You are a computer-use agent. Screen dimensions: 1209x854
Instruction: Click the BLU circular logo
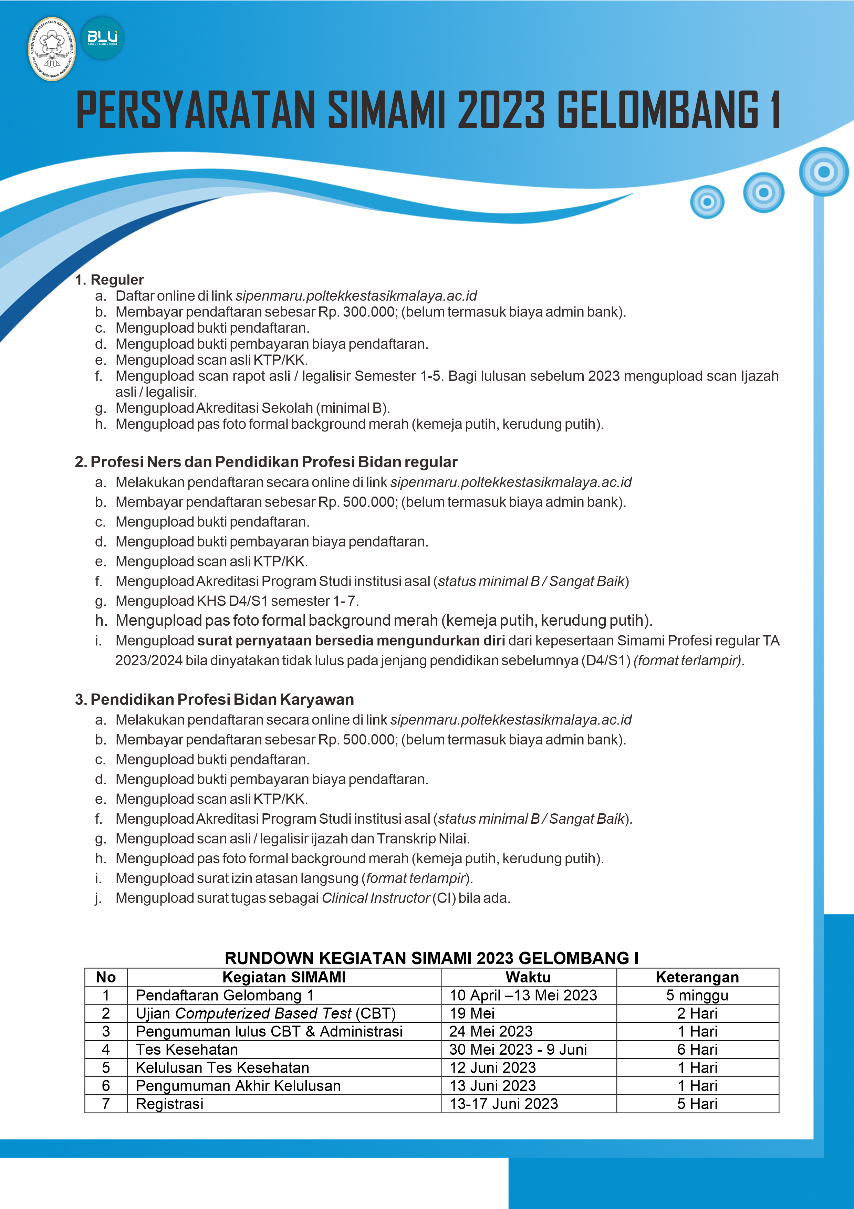103,38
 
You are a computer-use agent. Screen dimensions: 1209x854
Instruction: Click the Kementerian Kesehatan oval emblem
52,49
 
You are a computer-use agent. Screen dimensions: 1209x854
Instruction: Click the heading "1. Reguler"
110,280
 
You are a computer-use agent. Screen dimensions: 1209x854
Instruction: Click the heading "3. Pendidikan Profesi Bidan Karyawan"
214,699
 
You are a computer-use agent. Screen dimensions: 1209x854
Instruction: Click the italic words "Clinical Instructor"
376,898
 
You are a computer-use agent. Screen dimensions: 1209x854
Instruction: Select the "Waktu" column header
528,977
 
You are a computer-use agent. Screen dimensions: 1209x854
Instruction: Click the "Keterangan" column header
697,977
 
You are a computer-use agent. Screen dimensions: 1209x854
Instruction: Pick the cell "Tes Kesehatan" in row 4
187,1050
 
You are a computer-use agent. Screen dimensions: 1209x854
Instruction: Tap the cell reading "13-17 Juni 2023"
503,1104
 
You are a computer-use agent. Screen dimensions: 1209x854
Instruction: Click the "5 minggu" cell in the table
697,995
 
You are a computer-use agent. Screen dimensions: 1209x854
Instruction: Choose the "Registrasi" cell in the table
169,1104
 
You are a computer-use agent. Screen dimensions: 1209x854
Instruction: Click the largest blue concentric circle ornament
823,172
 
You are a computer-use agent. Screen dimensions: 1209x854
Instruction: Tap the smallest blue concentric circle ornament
707,202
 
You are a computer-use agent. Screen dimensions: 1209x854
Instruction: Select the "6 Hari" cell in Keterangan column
697,1050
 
